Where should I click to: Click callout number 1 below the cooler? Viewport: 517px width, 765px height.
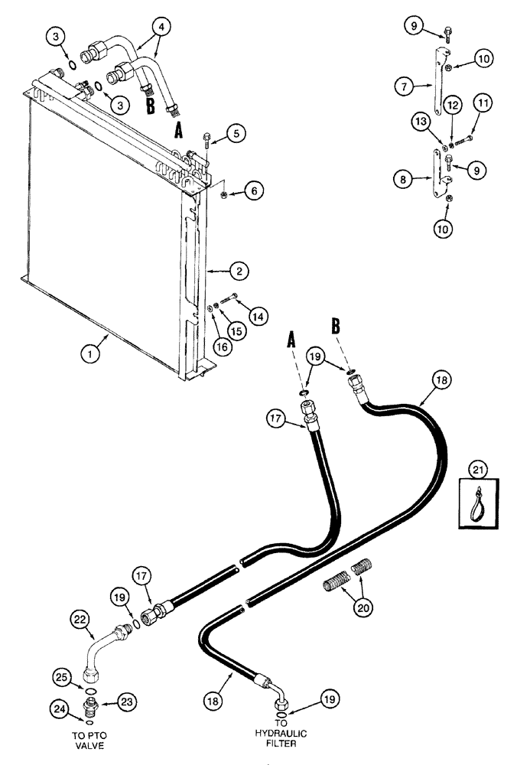(x=93, y=353)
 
